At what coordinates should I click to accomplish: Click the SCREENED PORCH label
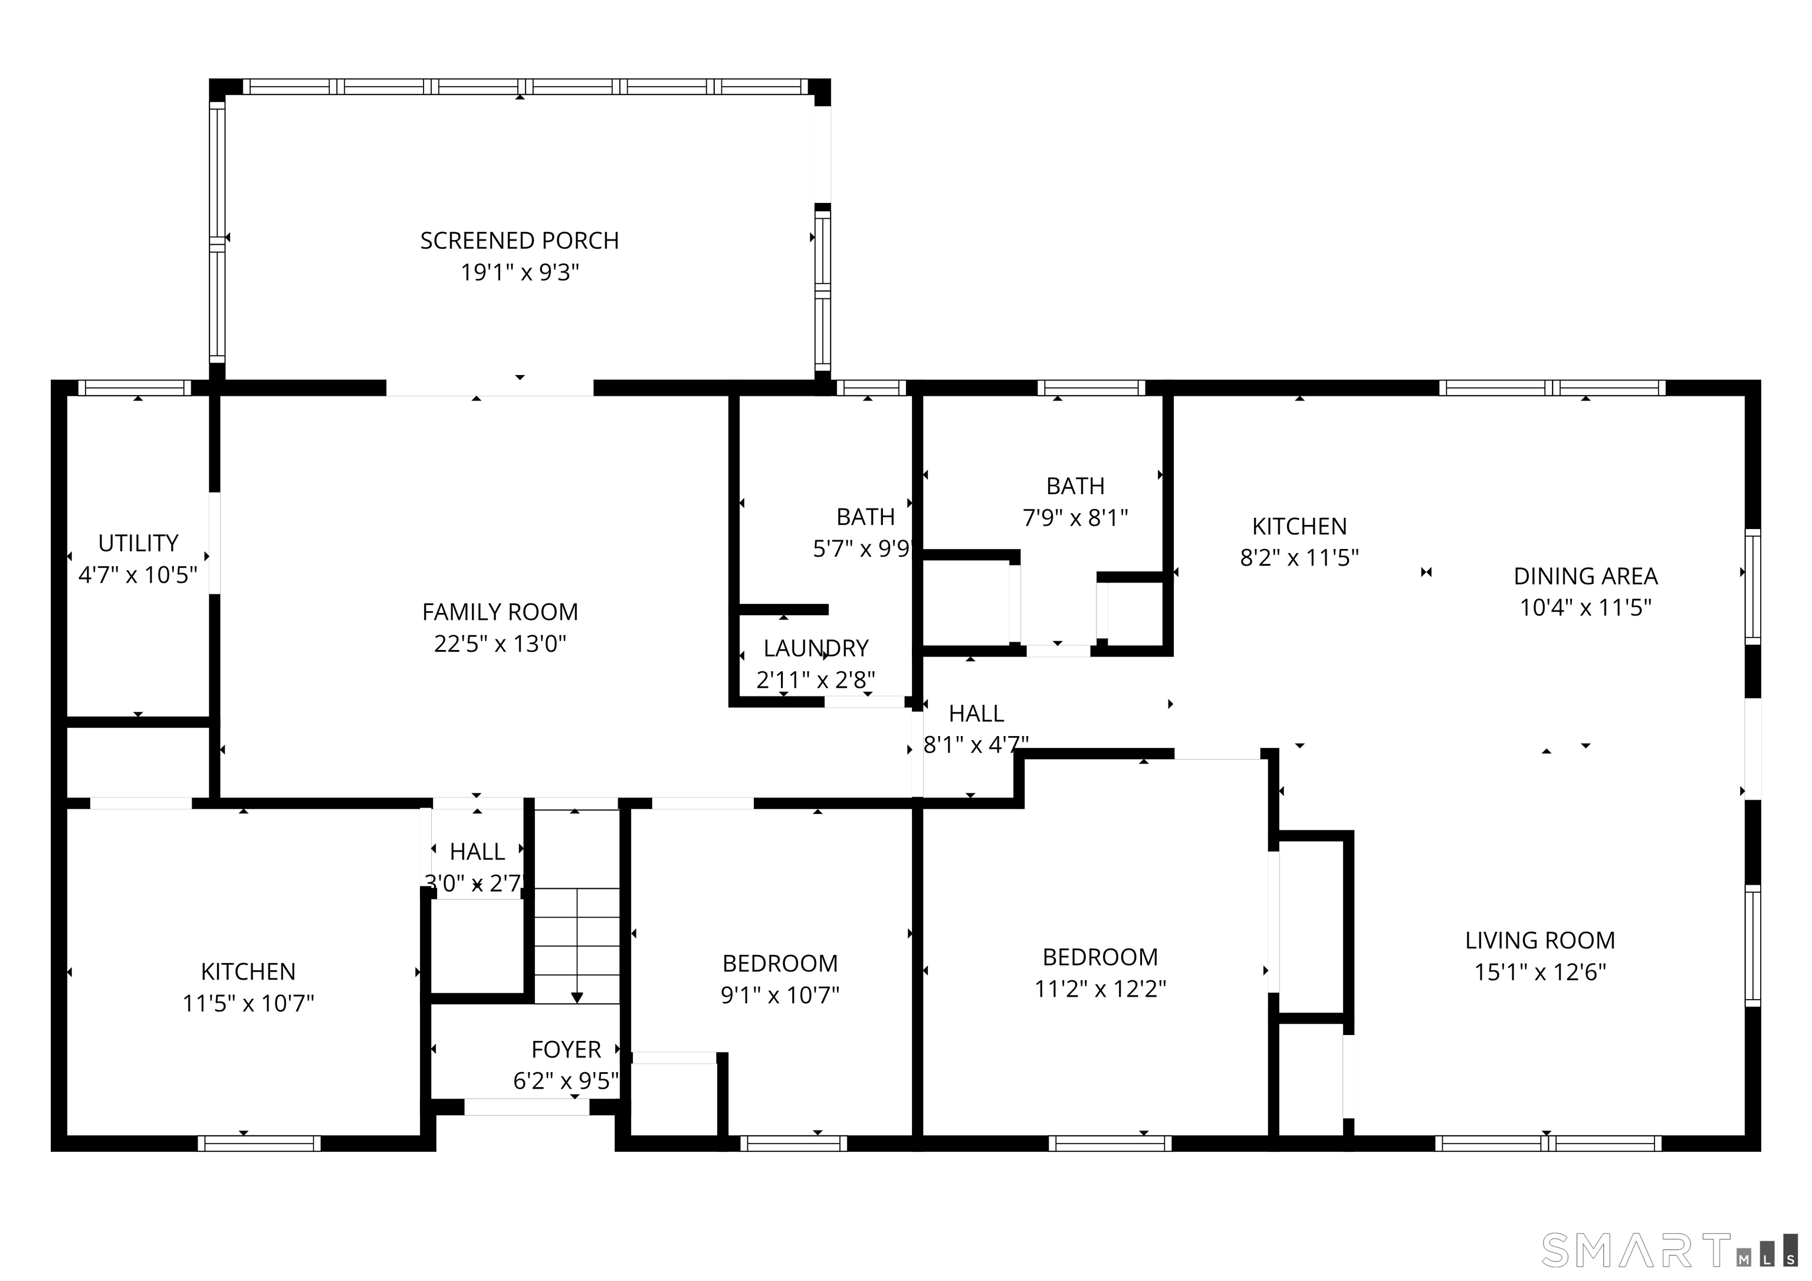(x=518, y=240)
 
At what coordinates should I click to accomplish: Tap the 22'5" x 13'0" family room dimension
(x=500, y=644)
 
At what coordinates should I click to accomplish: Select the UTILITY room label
(x=138, y=543)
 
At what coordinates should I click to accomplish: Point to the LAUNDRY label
(x=815, y=648)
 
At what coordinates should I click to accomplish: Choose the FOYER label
(x=566, y=1049)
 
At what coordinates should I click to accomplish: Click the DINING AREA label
(x=1585, y=576)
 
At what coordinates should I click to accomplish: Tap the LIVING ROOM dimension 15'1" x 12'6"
(x=1539, y=971)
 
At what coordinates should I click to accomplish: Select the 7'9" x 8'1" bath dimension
(x=1075, y=518)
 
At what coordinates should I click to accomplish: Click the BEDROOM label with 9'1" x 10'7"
(x=780, y=963)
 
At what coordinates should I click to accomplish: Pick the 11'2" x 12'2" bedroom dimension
(x=1100, y=989)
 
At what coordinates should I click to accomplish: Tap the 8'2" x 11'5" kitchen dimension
(x=1299, y=558)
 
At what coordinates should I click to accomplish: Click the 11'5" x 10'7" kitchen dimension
(x=248, y=1003)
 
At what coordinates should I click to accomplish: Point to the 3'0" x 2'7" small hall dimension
(x=476, y=883)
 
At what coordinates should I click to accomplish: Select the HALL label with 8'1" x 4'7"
(x=976, y=714)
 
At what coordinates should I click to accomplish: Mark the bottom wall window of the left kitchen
(x=259, y=1144)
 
